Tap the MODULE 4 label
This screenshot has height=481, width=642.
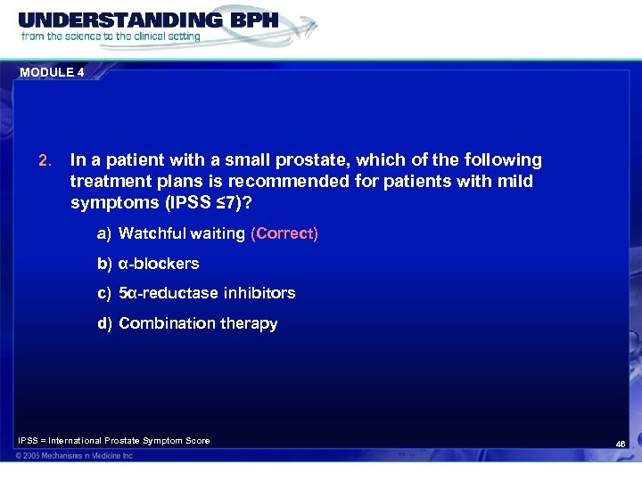(50, 73)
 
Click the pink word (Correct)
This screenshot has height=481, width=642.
(284, 233)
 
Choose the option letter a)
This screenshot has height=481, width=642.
(104, 233)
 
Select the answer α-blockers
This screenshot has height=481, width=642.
(159, 264)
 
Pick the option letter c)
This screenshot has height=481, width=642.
(104, 293)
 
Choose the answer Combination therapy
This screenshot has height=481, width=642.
(198, 323)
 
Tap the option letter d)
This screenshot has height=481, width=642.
(104, 323)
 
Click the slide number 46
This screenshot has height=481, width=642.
(621, 443)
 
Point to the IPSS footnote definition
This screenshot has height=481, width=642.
(114, 441)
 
